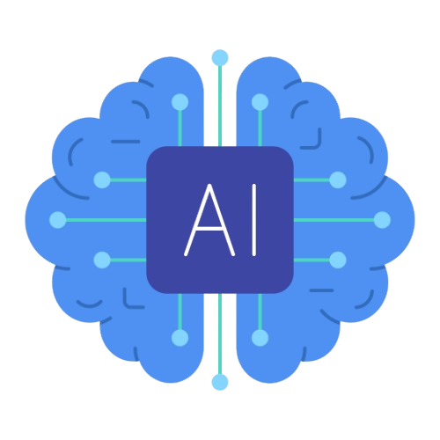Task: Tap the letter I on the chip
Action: [254, 220]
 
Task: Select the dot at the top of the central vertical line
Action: [220, 58]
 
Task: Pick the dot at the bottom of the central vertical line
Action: [220, 382]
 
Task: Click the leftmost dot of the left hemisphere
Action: [58, 220]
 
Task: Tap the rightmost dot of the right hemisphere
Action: [382, 220]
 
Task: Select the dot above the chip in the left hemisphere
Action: [180, 102]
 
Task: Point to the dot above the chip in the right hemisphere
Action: [260, 102]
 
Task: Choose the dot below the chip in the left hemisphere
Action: [180, 338]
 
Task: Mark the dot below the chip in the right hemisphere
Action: [260, 338]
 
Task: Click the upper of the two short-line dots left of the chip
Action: [102, 180]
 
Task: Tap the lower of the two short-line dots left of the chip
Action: [102, 260]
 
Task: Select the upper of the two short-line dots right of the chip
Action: [338, 180]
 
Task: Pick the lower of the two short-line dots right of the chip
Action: [338, 260]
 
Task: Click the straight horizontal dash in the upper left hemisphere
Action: [126, 142]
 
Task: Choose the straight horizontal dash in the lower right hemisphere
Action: [322, 290]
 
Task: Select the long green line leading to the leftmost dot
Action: [106, 220]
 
